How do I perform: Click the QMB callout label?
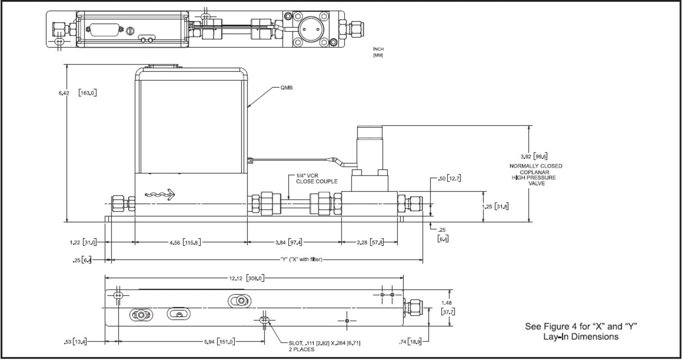[x=286, y=88]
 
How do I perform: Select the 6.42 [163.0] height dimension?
[x=77, y=93]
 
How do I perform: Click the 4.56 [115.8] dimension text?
[x=185, y=242]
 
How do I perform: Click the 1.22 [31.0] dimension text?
[x=83, y=242]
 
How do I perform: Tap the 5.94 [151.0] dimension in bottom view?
[x=220, y=342]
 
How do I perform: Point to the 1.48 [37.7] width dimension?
[x=448, y=307]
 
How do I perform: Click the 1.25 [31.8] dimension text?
[x=495, y=206]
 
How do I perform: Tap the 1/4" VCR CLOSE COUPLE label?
[x=316, y=179]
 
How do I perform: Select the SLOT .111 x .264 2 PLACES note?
[x=324, y=345]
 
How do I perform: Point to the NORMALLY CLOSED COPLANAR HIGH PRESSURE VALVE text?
[x=536, y=175]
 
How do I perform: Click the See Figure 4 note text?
[x=581, y=331]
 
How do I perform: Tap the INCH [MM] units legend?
[x=378, y=52]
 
